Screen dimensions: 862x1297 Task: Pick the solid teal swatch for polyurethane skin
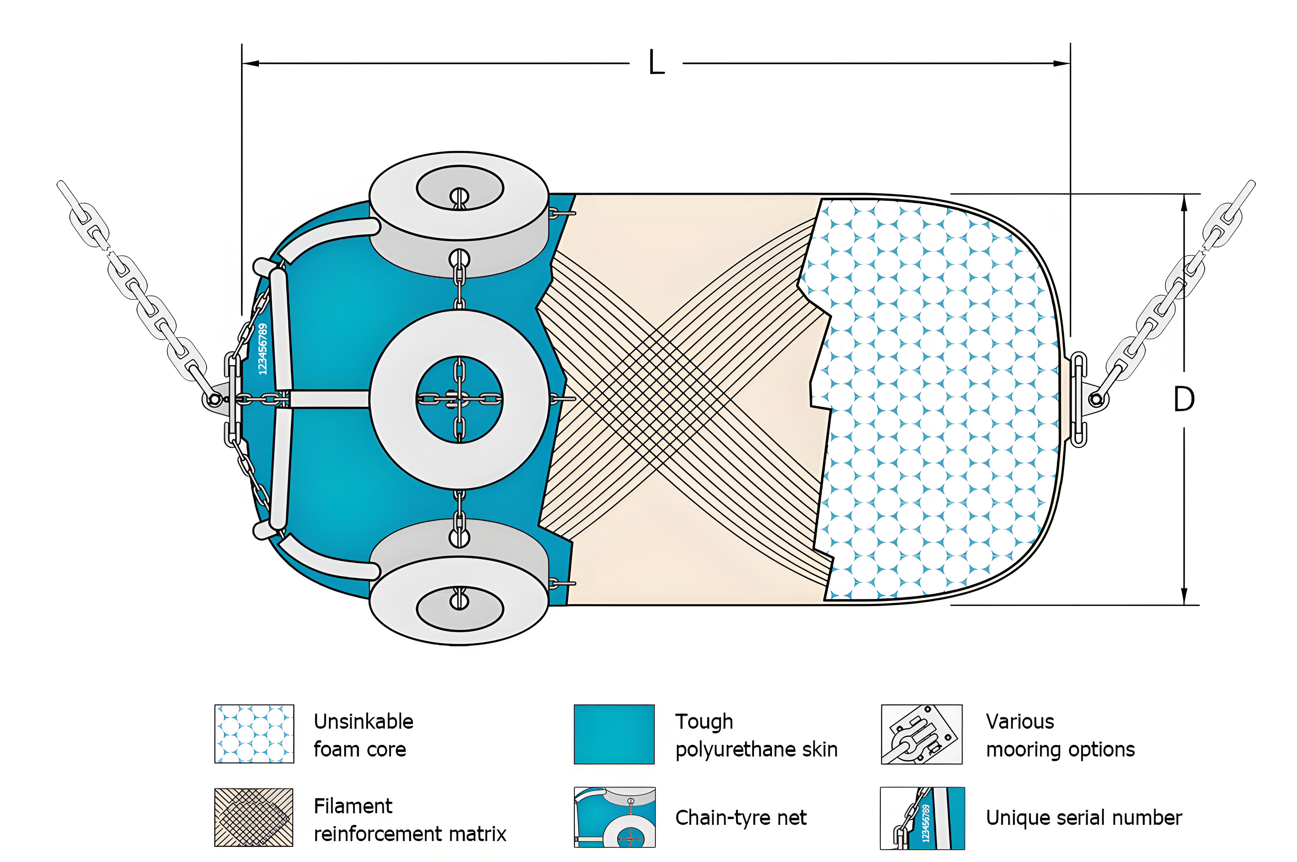click(x=614, y=734)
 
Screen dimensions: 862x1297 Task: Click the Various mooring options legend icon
click(x=921, y=734)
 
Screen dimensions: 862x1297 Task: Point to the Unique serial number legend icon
click(x=922, y=817)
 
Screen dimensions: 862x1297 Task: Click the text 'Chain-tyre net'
click(x=741, y=817)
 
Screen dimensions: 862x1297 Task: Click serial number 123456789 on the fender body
click(x=263, y=349)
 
